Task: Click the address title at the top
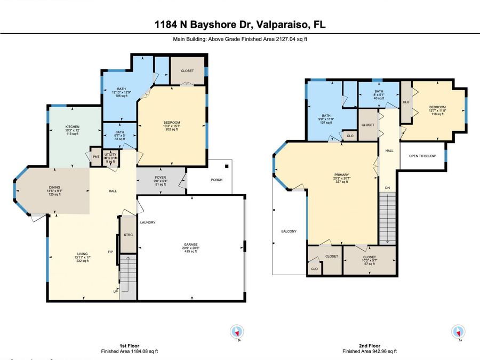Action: coord(240,25)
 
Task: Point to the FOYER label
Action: coord(161,179)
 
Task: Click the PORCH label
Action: coord(216,180)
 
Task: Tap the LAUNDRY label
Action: coord(148,222)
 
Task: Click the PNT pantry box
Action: coord(96,157)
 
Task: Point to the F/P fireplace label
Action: coord(110,252)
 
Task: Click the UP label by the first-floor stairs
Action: coord(115,292)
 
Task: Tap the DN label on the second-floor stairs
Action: coord(388,188)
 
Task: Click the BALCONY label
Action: coord(289,231)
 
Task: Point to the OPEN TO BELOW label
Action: coord(422,156)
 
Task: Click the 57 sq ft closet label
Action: coord(369,260)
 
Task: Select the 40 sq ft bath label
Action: coord(379,95)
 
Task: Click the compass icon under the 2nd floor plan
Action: coord(457,331)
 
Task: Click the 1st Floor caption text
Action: coord(130,345)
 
